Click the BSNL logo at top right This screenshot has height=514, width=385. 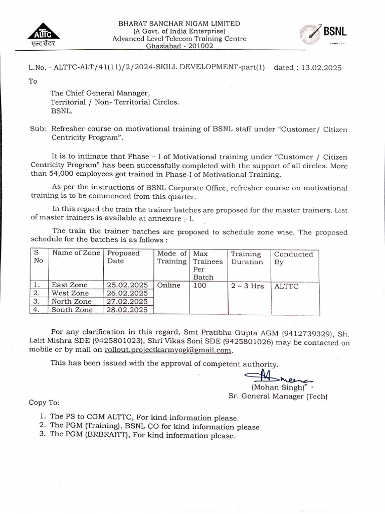(323, 34)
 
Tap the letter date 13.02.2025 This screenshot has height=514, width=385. (321, 67)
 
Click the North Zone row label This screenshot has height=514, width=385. (71, 302)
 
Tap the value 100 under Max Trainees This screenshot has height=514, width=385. (200, 285)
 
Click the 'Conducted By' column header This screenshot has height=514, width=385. (293, 258)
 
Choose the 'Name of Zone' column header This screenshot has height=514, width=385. (76, 253)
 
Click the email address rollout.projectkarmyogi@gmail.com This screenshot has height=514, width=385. (168, 350)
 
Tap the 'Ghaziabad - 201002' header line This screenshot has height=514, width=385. (172, 46)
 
